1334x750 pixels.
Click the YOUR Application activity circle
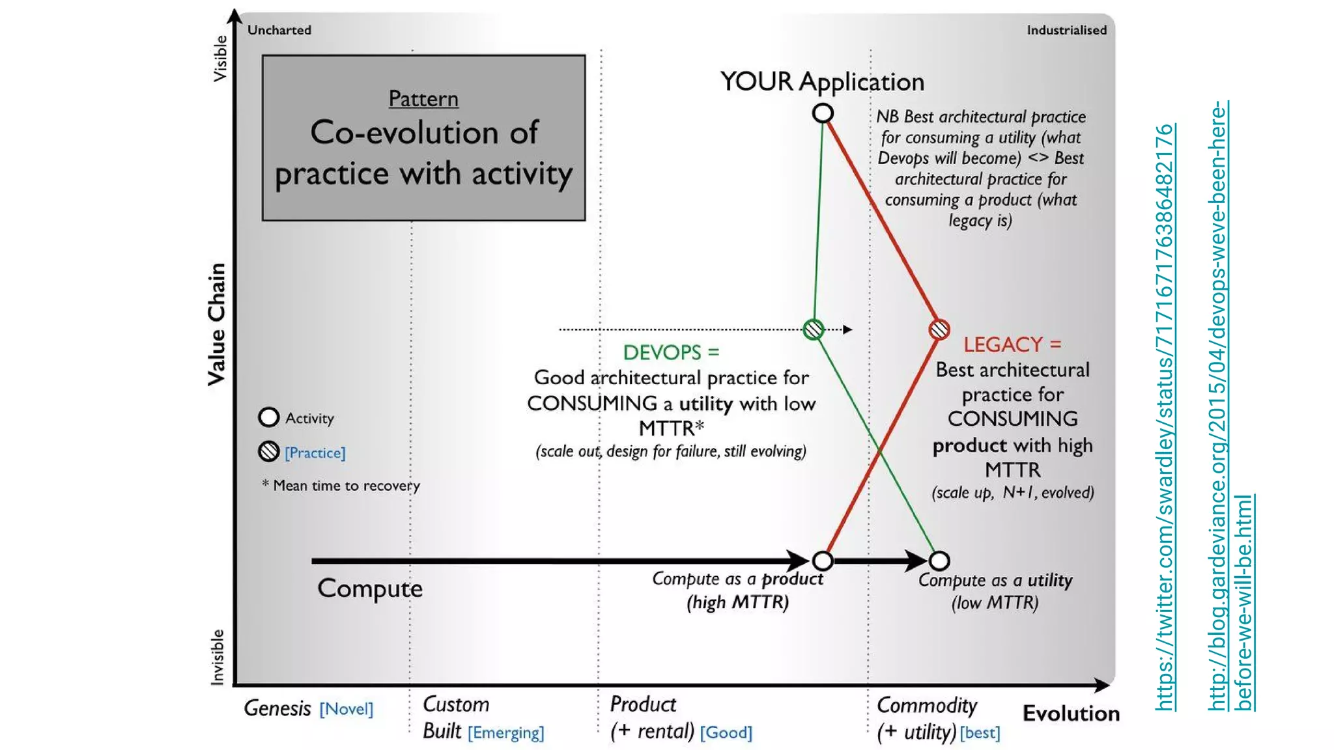823,113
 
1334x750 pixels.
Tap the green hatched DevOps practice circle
814,329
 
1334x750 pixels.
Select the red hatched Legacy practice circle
939,329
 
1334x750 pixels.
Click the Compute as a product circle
823,561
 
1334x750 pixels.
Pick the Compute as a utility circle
939,561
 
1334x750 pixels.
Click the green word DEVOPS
662,353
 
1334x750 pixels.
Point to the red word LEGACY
1003,344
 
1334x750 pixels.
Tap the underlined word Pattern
423,99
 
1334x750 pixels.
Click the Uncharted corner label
279,30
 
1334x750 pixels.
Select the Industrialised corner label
1066,30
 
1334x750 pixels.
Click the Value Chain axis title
216,324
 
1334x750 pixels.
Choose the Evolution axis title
1071,714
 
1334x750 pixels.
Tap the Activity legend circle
268,417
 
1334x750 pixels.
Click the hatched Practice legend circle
268,451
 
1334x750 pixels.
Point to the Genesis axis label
277,708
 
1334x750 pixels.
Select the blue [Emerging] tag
506,732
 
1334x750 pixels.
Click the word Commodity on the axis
927,705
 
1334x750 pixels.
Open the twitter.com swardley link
1165,417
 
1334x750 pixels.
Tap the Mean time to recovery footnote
341,486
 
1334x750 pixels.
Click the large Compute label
370,589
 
